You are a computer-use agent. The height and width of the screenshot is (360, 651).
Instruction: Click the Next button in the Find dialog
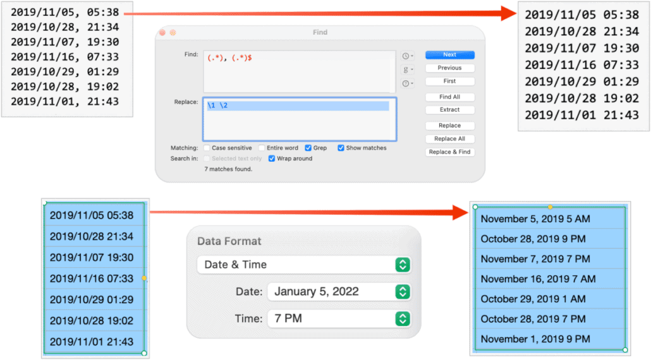(449, 55)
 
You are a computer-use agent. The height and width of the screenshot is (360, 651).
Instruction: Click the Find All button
(449, 97)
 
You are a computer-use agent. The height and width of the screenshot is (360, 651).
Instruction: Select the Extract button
(449, 110)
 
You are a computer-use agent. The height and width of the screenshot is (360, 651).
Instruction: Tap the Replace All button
(449, 139)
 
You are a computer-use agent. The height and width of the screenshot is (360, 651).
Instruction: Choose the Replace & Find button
(449, 152)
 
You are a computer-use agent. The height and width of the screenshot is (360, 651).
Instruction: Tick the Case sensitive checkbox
(207, 148)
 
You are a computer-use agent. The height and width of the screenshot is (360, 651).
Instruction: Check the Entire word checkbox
(262, 148)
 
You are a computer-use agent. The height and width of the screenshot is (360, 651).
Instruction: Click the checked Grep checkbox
(308, 148)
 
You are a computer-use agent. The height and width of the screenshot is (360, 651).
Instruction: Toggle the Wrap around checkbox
(272, 159)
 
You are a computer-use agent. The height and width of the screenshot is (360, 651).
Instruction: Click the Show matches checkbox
(341, 148)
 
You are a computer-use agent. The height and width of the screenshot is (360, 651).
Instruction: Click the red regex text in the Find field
(230, 57)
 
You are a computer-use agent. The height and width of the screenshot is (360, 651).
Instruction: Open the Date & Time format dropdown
(304, 265)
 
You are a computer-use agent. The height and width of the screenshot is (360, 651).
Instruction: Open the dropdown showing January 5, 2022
(339, 292)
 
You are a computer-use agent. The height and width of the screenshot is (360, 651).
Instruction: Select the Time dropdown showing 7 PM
(339, 319)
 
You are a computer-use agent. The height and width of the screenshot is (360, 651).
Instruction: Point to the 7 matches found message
(228, 169)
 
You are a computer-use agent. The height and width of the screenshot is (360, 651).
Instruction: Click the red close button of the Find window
(162, 33)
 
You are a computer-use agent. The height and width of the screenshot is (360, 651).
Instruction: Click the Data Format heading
(229, 241)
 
